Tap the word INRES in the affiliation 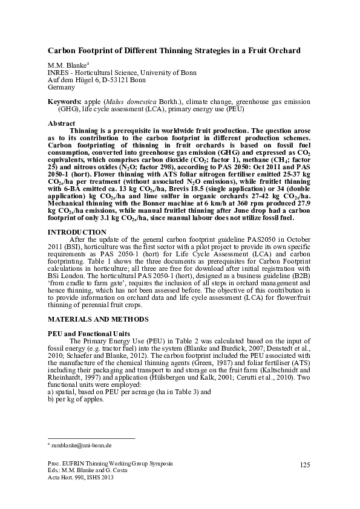coord(59,73)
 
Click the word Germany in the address coord(62,87)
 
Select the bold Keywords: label coord(65,103)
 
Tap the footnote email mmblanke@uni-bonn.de coord(82,445)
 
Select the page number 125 coord(304,464)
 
